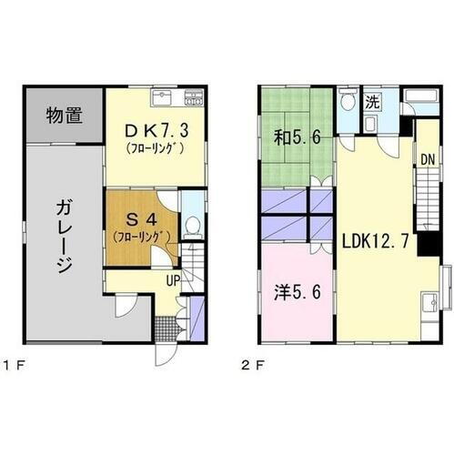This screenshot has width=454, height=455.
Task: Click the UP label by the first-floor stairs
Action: pos(171,281)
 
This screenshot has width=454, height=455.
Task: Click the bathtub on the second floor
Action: pos(420,99)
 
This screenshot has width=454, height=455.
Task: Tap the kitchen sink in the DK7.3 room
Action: pos(162,96)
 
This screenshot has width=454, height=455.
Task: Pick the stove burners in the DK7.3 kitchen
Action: pos(194,96)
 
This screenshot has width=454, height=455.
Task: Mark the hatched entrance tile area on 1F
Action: pos(165,326)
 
